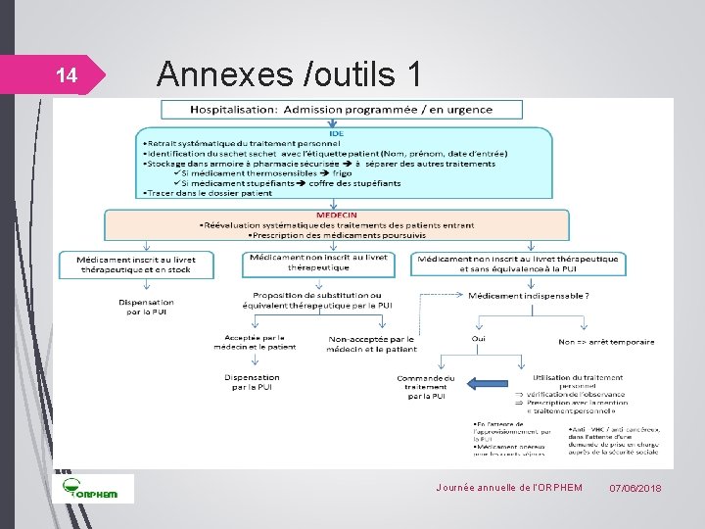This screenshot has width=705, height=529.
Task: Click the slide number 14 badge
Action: pos(65,75)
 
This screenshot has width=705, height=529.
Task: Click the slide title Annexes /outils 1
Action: pos(289,72)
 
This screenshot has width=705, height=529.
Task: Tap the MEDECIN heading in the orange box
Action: pos(336,216)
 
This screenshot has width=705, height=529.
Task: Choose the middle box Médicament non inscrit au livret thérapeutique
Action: pos(318,263)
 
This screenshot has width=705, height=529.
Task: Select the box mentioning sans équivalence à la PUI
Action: pos(519,264)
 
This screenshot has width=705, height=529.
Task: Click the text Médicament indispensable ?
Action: pos(528,295)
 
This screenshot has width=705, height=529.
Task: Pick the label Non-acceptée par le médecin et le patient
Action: pos(372,343)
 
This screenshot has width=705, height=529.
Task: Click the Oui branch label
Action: pos(478,339)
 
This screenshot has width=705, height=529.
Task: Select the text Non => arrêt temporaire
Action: pos(606,341)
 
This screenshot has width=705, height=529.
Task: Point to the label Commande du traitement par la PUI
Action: pos(426,387)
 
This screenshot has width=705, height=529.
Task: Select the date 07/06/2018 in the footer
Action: pos(634,488)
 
